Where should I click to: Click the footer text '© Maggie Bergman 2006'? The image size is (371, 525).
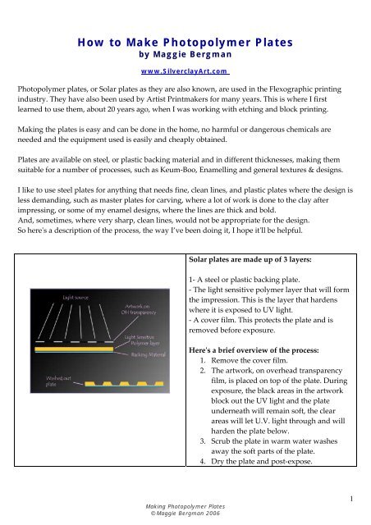pos(185,516)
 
